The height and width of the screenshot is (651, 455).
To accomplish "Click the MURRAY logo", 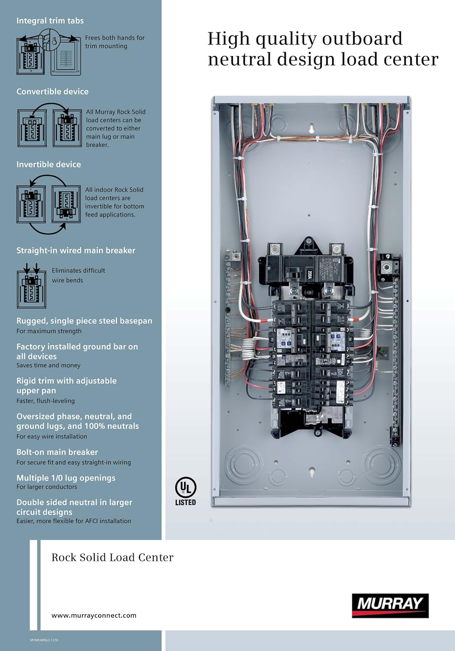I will click(x=390, y=605).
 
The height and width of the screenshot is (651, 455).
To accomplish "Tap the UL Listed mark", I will click(x=185, y=491).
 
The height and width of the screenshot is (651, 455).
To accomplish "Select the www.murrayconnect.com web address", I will click(x=94, y=615).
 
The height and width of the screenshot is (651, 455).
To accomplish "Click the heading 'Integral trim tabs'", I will click(x=50, y=20).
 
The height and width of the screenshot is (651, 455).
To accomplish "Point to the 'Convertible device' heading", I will click(x=53, y=92).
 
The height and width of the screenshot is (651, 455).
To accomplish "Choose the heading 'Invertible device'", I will click(x=49, y=164).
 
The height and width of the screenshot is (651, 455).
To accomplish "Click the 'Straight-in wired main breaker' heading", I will click(x=76, y=250).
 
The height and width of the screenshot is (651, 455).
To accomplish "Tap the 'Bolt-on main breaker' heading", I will click(x=57, y=452).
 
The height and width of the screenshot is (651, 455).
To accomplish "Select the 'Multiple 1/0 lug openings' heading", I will click(x=66, y=478).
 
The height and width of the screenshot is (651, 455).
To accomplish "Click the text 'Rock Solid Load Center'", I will click(x=112, y=557).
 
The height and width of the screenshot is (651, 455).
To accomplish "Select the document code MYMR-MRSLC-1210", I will click(x=44, y=640).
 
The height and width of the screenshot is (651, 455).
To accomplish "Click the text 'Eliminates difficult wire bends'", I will click(x=78, y=275).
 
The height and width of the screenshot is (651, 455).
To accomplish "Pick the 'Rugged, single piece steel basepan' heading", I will click(x=84, y=321).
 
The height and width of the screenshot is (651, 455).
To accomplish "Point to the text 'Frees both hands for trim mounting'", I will click(x=115, y=42).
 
